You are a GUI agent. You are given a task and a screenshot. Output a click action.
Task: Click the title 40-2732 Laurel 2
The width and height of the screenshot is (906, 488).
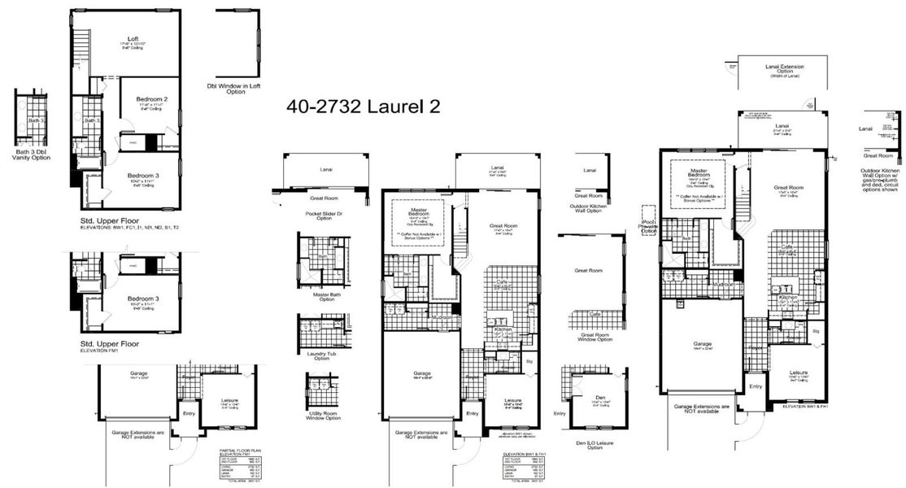[364, 107]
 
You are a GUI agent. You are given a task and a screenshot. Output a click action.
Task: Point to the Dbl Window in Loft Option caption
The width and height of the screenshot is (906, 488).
[235, 88]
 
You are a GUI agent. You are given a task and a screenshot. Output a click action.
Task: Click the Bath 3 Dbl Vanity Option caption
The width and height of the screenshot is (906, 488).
[33, 154]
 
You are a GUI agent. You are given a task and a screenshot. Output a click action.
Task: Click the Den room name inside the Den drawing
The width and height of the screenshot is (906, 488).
[600, 396]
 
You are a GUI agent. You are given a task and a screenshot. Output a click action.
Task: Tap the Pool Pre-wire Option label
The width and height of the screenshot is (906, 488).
[648, 225]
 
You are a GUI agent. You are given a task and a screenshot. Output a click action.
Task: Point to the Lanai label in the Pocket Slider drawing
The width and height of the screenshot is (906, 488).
[313, 170]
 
